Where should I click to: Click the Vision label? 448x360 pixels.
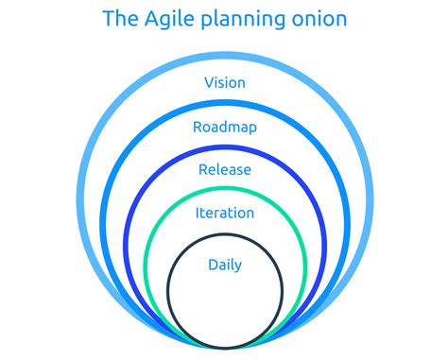pos(225,83)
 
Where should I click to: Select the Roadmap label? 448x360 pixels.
pos(225,128)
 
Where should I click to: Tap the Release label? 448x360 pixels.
pos(225,170)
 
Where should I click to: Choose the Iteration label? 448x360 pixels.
pos(225,214)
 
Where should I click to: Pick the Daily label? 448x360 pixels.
pos(225,265)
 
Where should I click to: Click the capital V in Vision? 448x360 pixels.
pos(209,83)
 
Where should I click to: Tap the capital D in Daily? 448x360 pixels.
pos(213,265)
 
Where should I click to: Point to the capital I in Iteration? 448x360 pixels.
pos(198,214)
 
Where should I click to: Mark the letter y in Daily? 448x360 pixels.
pos(240,267)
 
